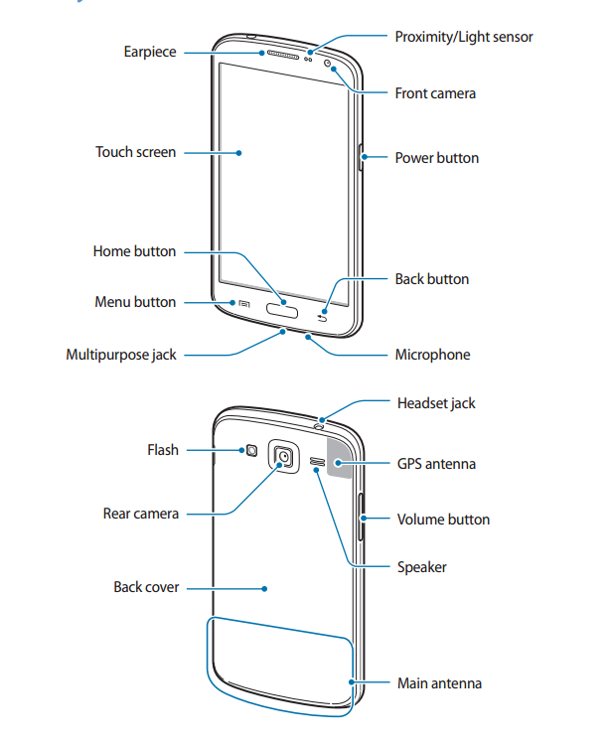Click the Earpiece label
(150, 51)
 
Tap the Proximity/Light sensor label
(463, 37)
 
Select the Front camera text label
(435, 93)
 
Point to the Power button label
(436, 158)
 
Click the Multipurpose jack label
(121, 355)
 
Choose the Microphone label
(432, 355)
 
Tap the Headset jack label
(436, 403)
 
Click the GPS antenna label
(436, 464)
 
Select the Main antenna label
(439, 683)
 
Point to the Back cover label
(146, 587)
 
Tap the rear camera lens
(285, 456)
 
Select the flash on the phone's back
(251, 451)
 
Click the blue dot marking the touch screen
(240, 153)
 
